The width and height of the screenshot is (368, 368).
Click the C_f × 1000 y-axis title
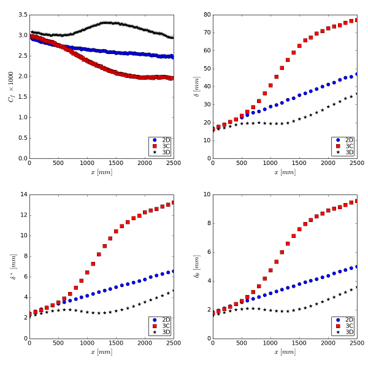[10, 86]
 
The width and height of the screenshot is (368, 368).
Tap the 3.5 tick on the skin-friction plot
[21, 15]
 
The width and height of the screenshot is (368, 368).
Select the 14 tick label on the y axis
[23, 194]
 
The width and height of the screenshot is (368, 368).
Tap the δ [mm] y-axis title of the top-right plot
[196, 86]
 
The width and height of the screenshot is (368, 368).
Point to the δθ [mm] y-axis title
[196, 266]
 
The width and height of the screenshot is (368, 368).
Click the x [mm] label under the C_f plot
[101, 172]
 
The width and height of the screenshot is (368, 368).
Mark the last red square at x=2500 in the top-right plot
[357, 20]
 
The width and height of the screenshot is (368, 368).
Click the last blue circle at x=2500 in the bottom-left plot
[174, 270]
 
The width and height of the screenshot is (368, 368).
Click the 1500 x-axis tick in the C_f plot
[116, 164]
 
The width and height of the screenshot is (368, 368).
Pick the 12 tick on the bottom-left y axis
[23, 215]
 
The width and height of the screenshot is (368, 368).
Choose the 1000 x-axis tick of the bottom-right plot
[270, 343]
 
